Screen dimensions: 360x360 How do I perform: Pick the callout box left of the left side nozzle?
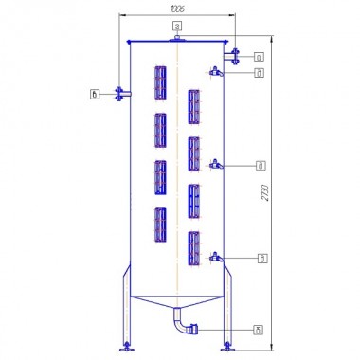coord(94,93)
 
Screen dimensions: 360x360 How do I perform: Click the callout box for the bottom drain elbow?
coord(260,330)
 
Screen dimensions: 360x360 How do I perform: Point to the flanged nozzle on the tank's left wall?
coord(119,93)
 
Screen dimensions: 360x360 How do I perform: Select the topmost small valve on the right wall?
coord(217,71)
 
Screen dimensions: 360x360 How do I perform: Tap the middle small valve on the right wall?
coord(217,164)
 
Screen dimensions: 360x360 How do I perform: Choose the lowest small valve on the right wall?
coord(217,256)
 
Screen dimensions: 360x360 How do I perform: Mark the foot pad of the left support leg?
coord(125,346)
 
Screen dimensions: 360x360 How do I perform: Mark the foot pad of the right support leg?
coord(227,346)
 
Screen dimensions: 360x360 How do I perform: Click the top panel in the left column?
coord(160,82)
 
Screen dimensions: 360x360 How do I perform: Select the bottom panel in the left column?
coord(160,225)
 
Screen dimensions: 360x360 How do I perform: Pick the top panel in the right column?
coord(193,107)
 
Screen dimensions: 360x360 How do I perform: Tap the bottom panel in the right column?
coord(193,247)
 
